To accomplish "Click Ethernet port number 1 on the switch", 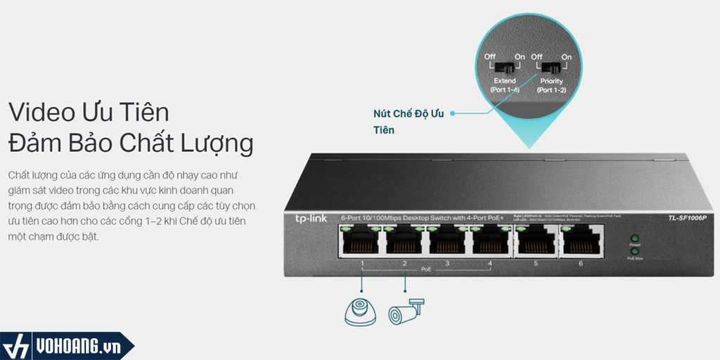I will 361,243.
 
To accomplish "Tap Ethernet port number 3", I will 448,243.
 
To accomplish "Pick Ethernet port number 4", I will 491,243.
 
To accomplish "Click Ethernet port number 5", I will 534,243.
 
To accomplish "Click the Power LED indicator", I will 635,239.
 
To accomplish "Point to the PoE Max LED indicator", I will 635,251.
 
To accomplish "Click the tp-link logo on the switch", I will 310,219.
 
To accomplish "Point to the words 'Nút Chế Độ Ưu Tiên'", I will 409,122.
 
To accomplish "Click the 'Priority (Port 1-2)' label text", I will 552,86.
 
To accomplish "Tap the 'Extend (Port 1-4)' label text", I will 505,86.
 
